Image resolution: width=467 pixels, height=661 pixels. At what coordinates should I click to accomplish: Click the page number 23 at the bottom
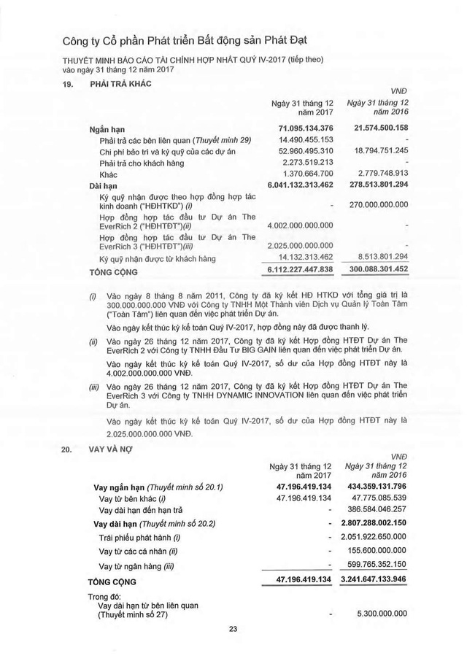click(x=233, y=630)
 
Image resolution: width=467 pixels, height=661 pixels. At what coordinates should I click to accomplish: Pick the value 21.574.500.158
click(x=376, y=128)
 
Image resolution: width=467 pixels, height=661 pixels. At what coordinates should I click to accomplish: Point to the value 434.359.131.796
click(x=376, y=487)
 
